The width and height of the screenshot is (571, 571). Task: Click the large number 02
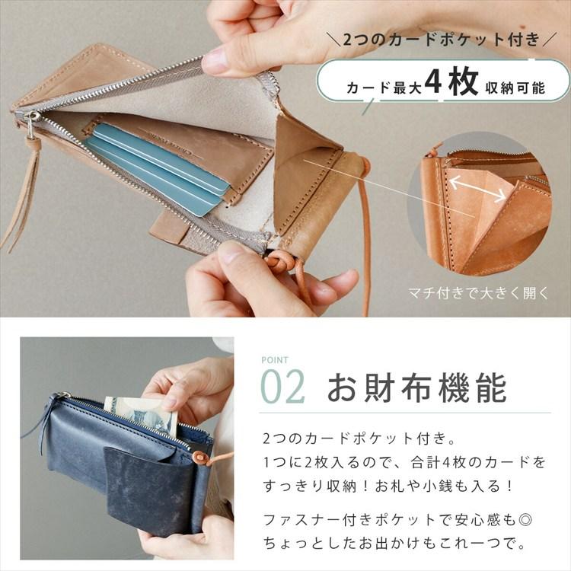[x=283, y=387]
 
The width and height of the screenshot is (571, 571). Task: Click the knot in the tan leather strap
[x=279, y=262]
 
